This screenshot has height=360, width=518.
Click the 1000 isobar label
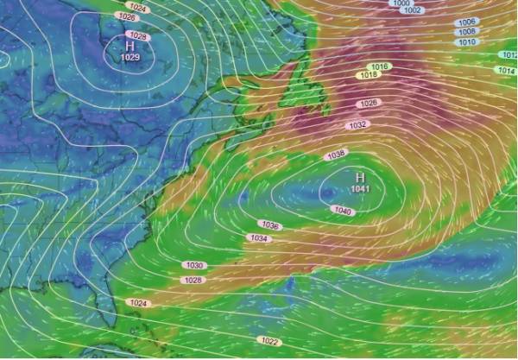click(x=401, y=3)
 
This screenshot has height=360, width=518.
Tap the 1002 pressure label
click(x=413, y=10)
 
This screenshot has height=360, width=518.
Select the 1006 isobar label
click(x=466, y=22)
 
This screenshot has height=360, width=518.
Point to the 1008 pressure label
click(x=466, y=31)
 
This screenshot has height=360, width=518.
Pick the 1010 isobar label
click(x=466, y=41)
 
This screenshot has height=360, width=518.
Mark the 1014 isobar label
click(x=507, y=70)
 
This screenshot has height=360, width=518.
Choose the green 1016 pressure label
click(x=380, y=66)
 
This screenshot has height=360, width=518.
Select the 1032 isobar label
click(x=357, y=125)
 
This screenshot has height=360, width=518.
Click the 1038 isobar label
click(x=337, y=155)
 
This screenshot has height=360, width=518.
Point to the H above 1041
click(x=361, y=177)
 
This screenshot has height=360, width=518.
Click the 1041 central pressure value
click(x=361, y=188)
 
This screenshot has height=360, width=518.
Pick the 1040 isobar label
click(x=343, y=211)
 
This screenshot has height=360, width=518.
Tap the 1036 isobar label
click(x=270, y=225)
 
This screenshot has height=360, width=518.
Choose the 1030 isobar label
click(x=194, y=265)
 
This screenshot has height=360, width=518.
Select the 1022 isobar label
click(x=268, y=341)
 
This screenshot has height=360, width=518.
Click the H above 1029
click(x=130, y=45)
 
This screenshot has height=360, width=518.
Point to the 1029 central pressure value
click(x=130, y=57)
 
